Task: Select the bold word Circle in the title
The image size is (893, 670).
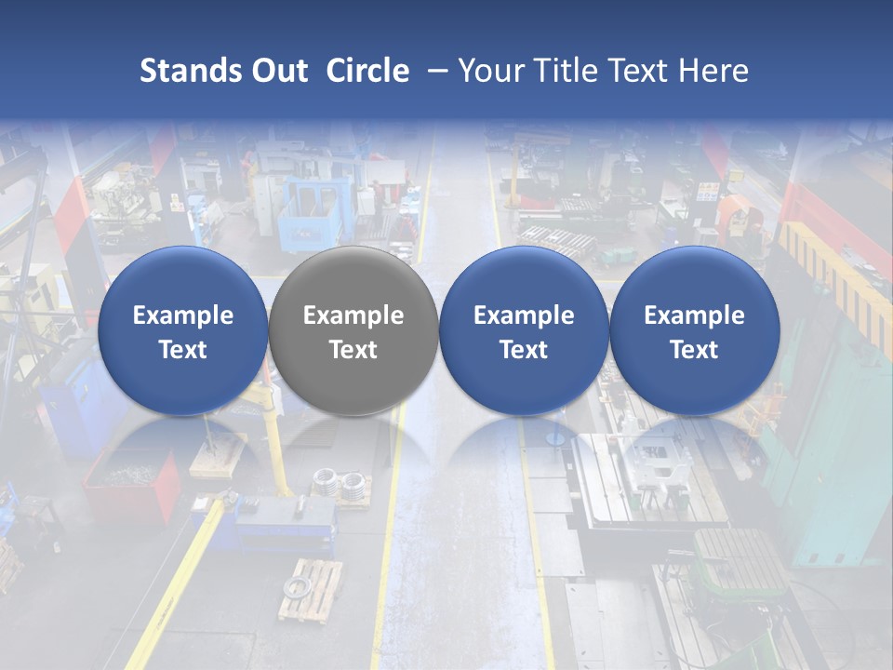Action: [x=367, y=71]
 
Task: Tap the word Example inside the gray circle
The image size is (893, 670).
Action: [x=353, y=315]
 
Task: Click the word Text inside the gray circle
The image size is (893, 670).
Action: [x=353, y=350]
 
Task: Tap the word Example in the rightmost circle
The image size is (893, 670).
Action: [x=695, y=315]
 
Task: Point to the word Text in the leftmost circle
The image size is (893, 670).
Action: [x=182, y=350]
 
